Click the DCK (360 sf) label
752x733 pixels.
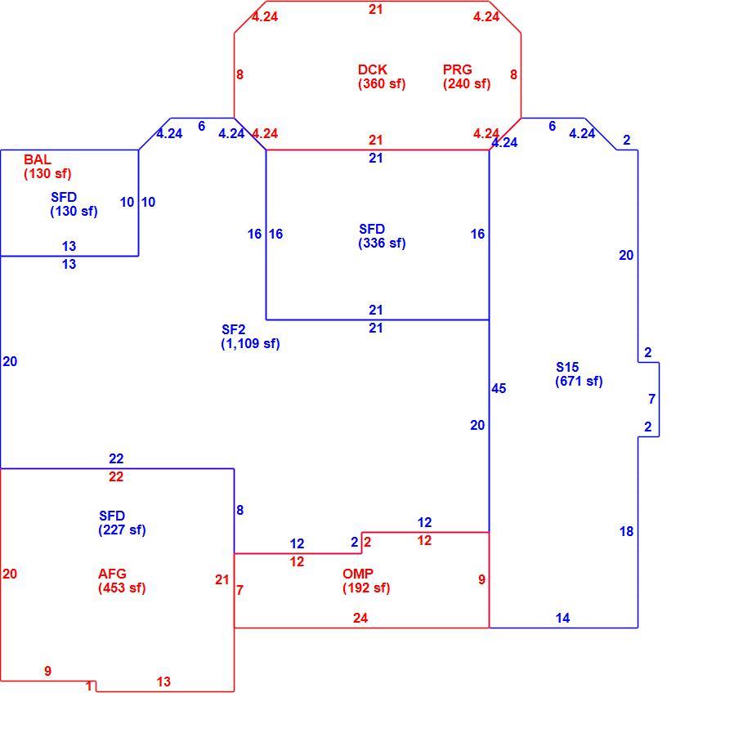pyautogui.click(x=382, y=77)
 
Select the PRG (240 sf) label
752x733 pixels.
pyautogui.click(x=467, y=77)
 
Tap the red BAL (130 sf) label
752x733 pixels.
pyautogui.click(x=47, y=167)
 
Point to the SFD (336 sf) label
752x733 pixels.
pyautogui.click(x=382, y=236)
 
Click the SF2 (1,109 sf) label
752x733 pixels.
pyautogui.click(x=250, y=337)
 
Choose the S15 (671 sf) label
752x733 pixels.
pyautogui.click(x=579, y=374)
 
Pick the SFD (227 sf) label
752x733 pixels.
pyautogui.click(x=122, y=522)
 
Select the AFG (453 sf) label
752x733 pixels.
pyautogui.click(x=122, y=580)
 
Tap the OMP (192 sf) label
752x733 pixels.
pyautogui.click(x=366, y=580)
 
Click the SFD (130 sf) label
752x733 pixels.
pyautogui.click(x=74, y=204)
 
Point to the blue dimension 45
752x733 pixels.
pyautogui.click(x=499, y=388)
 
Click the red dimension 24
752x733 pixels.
pyautogui.click(x=360, y=618)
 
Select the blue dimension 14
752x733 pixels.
pyautogui.click(x=562, y=618)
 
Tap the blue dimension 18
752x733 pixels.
pyautogui.click(x=626, y=531)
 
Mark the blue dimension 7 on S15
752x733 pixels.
pyautogui.click(x=651, y=399)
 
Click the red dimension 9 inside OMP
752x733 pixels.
pyautogui.click(x=481, y=579)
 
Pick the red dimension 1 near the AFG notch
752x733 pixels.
pyautogui.click(x=89, y=686)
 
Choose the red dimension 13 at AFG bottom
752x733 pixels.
pyautogui.click(x=163, y=682)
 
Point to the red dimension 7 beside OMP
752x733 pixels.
pyautogui.click(x=239, y=590)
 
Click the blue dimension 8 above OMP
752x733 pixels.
pyautogui.click(x=239, y=510)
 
